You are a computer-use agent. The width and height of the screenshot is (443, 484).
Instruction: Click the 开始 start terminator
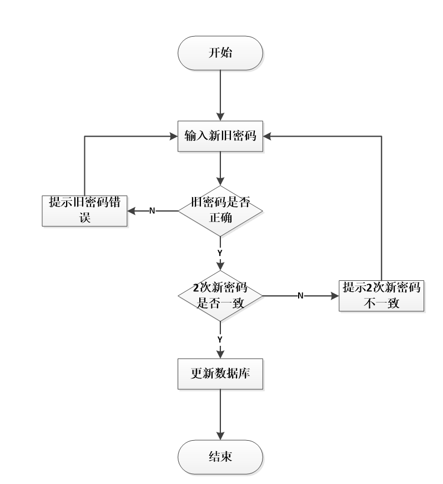coord(220,53)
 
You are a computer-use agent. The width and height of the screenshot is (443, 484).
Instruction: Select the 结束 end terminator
coord(220,457)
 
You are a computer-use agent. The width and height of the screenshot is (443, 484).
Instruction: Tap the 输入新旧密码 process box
coord(220,136)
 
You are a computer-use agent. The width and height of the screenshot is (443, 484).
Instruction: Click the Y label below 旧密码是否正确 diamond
coord(220,252)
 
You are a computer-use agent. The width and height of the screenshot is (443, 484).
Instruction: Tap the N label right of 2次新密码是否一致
coord(300,296)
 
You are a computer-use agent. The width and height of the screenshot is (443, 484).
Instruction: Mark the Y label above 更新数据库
coord(220,339)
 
